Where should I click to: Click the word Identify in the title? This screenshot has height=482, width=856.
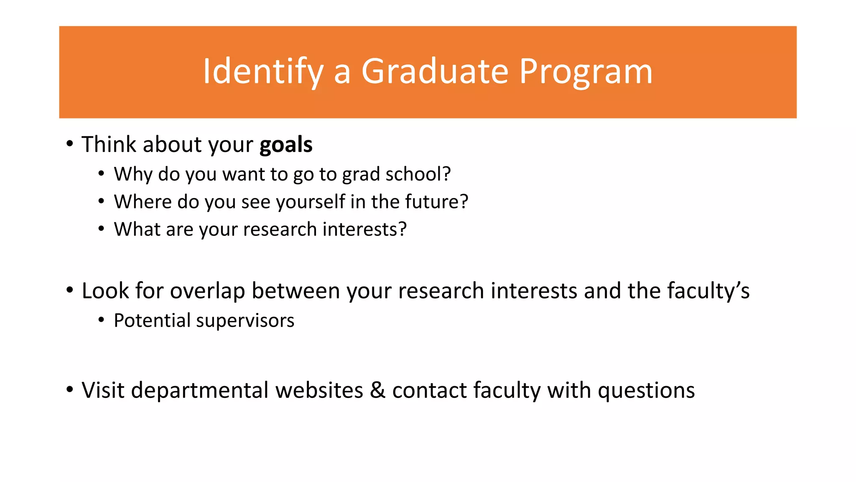click(x=263, y=72)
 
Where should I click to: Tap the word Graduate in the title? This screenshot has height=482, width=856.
click(x=435, y=72)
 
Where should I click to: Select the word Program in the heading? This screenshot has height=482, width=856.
click(x=586, y=72)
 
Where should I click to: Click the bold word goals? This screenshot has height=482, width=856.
click(x=286, y=145)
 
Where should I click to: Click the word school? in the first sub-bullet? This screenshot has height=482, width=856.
click(x=418, y=174)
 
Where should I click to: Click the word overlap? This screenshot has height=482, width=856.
click(x=207, y=291)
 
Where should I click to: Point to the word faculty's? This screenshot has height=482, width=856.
click(x=708, y=291)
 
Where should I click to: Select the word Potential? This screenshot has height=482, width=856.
click(x=152, y=321)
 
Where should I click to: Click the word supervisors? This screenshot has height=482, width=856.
click(x=245, y=321)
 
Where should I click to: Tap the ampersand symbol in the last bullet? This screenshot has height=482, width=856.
click(x=377, y=390)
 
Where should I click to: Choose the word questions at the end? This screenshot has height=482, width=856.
click(x=646, y=391)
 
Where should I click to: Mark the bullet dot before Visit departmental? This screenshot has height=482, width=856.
click(x=70, y=389)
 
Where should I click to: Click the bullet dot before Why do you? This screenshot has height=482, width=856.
click(x=102, y=174)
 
